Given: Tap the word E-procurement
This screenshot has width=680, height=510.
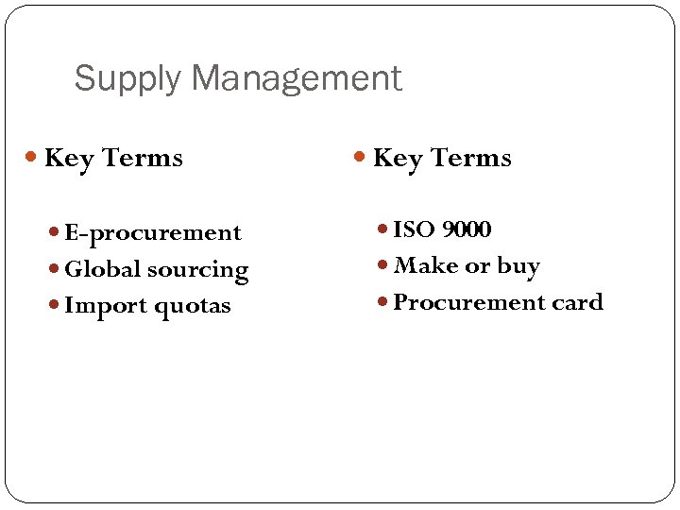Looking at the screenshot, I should (153, 232).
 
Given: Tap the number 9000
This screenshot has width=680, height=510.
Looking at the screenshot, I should (467, 229).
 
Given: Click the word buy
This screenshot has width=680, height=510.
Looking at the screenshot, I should (518, 266).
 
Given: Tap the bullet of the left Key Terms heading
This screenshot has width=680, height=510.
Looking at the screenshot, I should (34, 158).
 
